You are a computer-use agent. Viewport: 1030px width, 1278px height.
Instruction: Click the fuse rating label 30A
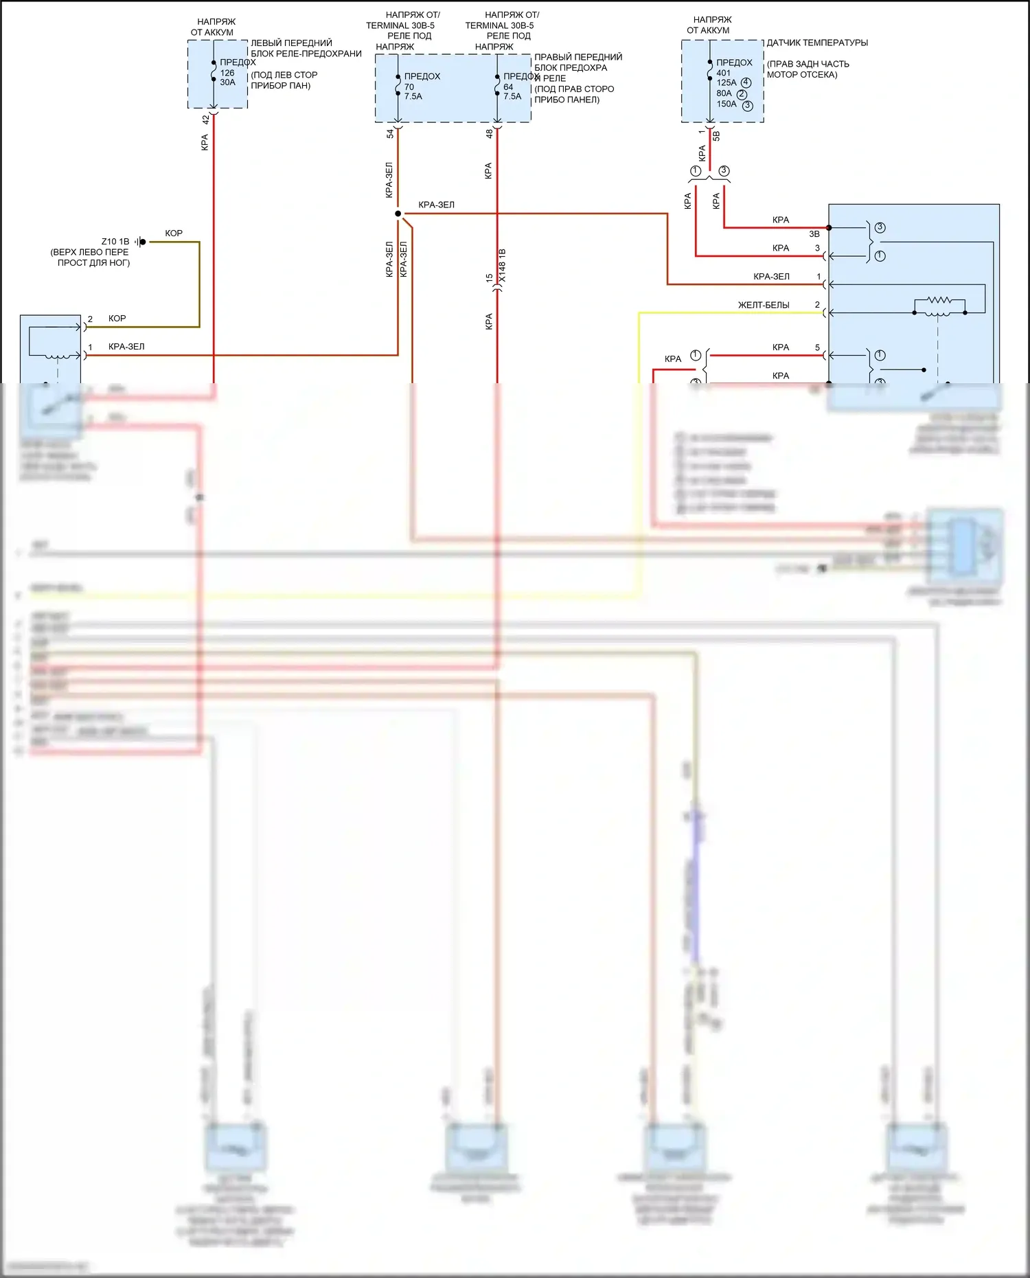[x=227, y=82]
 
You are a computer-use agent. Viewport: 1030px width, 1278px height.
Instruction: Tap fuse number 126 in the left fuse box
[x=227, y=73]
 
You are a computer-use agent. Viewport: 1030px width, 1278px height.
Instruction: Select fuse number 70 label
[x=409, y=87]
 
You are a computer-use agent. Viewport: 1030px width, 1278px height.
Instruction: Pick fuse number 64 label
[x=508, y=87]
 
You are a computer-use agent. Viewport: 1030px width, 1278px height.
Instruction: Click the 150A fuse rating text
[x=726, y=104]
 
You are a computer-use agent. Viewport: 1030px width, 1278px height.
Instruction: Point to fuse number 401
[x=724, y=73]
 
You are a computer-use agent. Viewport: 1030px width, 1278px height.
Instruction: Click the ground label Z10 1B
[x=115, y=242]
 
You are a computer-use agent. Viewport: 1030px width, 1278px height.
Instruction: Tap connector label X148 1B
[x=502, y=265]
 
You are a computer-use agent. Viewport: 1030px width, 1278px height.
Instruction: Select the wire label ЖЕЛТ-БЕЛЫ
[x=764, y=305]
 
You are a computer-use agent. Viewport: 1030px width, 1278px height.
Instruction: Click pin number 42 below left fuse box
[x=205, y=119]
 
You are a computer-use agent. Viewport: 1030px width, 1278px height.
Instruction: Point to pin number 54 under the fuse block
[x=390, y=134]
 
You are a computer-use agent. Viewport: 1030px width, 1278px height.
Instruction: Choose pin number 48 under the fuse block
[x=489, y=134]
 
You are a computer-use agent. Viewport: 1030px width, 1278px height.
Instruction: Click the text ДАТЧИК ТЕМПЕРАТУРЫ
[x=817, y=43]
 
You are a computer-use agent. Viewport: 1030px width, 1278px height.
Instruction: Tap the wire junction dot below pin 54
[x=398, y=214]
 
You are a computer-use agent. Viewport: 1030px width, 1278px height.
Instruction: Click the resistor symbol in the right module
[x=939, y=301]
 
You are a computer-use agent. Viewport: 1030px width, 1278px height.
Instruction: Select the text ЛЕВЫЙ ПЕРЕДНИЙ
[x=291, y=43]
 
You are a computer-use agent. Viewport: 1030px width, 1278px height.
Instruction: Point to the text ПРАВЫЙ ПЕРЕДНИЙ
[x=578, y=57]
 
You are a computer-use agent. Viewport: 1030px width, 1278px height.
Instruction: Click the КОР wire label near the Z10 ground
[x=174, y=233]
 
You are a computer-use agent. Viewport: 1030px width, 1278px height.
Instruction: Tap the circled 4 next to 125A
[x=746, y=83]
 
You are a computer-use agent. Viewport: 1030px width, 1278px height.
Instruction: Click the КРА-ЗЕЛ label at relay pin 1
[x=126, y=347]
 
